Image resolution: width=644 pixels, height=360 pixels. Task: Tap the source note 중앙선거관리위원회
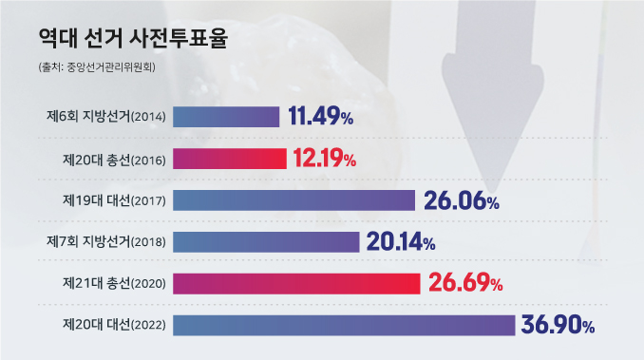tap(93, 67)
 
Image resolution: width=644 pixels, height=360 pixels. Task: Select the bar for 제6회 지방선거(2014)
tap(226, 117)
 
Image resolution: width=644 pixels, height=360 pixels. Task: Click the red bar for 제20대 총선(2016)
tap(229, 159)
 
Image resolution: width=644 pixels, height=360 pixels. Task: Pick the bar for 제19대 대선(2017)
tap(294, 200)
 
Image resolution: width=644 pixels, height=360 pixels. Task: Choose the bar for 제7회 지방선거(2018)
tap(266, 241)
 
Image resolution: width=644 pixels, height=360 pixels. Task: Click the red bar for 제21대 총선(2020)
tap(296, 283)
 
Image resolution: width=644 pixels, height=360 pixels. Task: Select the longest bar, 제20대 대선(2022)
tap(344, 325)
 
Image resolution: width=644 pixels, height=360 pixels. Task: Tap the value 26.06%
tap(461, 200)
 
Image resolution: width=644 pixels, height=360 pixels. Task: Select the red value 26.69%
tap(464, 283)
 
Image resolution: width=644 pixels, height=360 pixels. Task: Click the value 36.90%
tap(558, 325)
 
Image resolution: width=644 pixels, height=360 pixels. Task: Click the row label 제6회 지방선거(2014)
tap(107, 118)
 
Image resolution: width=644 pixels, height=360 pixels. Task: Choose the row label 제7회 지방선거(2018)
tap(107, 242)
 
